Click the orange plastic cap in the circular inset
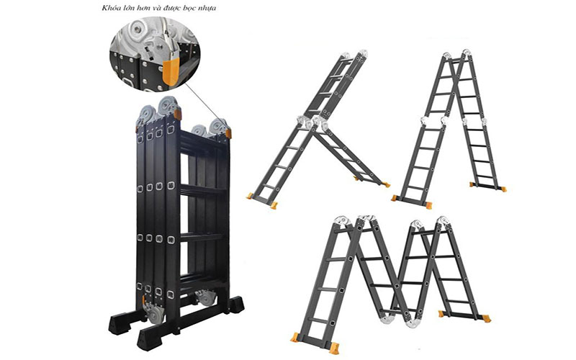click(171, 71)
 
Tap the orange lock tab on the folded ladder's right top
click(228, 133)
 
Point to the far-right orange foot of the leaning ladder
click(386, 184)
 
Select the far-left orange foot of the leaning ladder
click(251, 196)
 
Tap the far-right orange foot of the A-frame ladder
click(501, 189)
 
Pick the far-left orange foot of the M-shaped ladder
click(295, 338)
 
